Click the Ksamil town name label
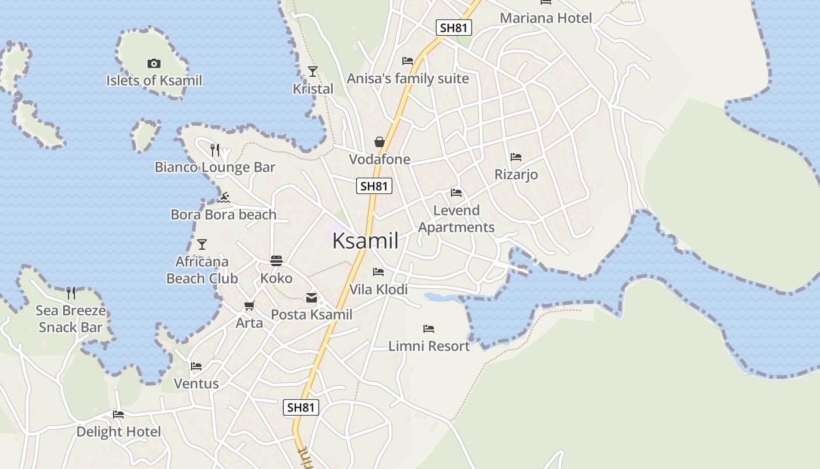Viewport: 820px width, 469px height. [x=365, y=241]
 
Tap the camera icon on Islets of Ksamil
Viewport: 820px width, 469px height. [x=154, y=63]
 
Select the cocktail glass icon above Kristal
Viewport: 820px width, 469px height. [x=313, y=72]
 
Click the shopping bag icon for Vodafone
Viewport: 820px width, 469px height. [x=380, y=142]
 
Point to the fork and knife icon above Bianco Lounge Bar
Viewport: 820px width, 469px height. [x=215, y=150]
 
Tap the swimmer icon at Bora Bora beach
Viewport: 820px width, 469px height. [x=223, y=197]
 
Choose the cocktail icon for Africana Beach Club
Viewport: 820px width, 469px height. [x=202, y=244]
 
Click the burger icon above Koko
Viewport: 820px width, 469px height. [x=276, y=261]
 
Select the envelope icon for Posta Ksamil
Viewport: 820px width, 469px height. [x=312, y=298]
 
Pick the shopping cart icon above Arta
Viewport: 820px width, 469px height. [x=250, y=305]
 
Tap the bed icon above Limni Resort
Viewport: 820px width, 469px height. [x=429, y=329]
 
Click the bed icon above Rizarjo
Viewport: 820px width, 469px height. [x=516, y=157]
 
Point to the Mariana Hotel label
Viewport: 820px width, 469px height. [x=546, y=18]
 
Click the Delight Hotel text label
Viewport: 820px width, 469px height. [x=119, y=432]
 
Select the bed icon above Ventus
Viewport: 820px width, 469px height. [x=196, y=366]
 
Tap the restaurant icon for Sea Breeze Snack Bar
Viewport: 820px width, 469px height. [x=71, y=293]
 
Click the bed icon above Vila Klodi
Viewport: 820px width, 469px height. [x=378, y=272]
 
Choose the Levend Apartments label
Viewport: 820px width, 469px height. [x=456, y=219]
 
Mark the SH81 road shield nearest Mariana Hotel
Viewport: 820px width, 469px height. [x=454, y=28]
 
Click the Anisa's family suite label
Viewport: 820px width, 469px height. [x=408, y=79]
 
